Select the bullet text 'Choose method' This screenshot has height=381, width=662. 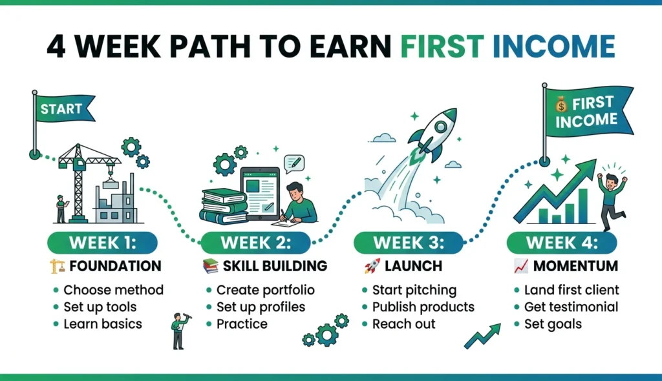(113, 290)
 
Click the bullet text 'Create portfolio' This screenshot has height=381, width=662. (266, 290)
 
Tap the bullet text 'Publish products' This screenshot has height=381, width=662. (423, 307)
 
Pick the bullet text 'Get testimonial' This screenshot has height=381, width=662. (571, 307)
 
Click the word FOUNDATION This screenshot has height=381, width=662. (114, 266)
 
